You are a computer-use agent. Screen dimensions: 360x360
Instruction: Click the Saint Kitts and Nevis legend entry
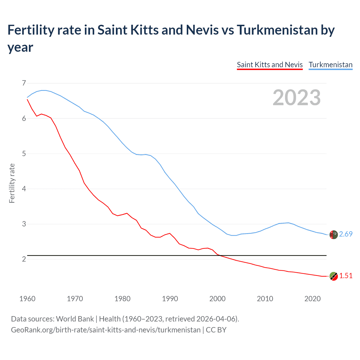270,65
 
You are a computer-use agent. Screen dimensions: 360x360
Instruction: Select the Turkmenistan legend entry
330,65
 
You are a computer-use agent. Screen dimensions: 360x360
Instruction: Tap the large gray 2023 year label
297,97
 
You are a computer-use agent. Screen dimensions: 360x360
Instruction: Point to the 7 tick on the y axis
24,83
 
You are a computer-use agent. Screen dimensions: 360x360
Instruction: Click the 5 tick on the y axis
24,154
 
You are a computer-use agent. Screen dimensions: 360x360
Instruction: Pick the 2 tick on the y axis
24,259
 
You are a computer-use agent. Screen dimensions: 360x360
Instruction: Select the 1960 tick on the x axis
27,299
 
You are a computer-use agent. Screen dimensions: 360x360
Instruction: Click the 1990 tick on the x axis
170,299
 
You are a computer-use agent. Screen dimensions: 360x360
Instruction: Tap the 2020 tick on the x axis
312,299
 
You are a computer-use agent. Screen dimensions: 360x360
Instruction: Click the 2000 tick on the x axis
217,299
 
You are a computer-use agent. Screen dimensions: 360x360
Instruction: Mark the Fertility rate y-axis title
12,183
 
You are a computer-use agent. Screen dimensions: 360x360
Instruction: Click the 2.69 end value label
346,234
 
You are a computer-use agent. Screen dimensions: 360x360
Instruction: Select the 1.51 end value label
346,276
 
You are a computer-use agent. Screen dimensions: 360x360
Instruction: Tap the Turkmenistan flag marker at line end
334,235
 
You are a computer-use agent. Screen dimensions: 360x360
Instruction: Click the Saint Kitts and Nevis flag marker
334,276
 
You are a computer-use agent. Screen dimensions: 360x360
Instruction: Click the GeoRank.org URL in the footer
105,330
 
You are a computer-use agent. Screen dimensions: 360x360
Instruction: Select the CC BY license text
216,330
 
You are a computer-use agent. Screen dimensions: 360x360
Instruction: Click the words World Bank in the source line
75,319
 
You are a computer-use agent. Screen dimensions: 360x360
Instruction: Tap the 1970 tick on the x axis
75,299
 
